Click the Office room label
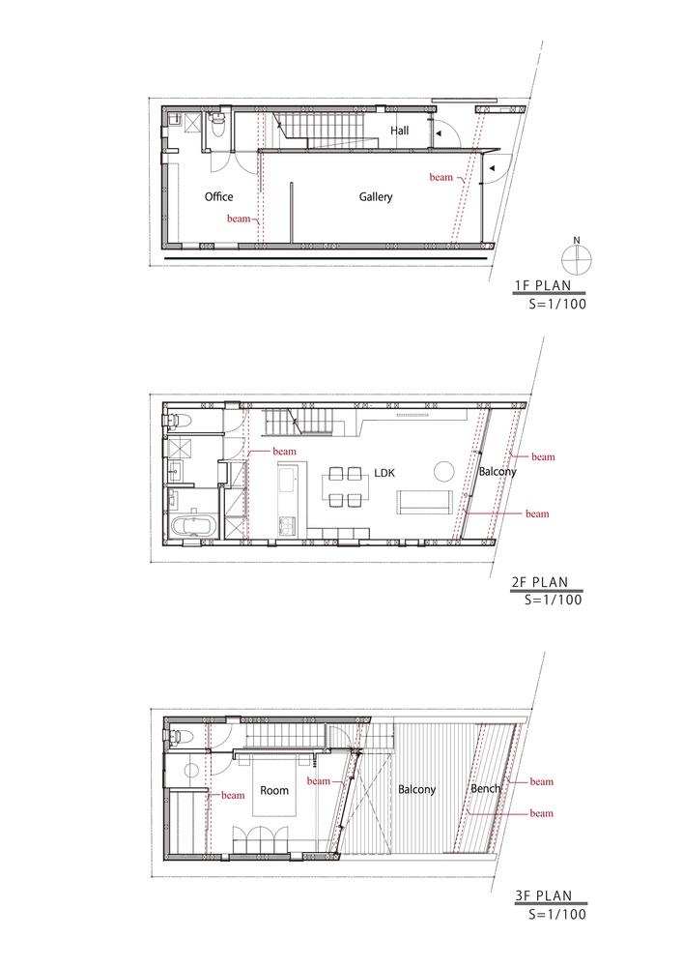(219, 197)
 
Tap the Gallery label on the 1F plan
(376, 197)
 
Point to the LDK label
(387, 473)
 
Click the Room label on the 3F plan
(274, 790)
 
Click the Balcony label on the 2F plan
(498, 472)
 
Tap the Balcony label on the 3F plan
(417, 790)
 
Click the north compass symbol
(576, 257)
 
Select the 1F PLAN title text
(552, 286)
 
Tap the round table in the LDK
(443, 472)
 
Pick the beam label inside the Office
(239, 219)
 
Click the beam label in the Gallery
(441, 178)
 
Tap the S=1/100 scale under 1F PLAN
(555, 304)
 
